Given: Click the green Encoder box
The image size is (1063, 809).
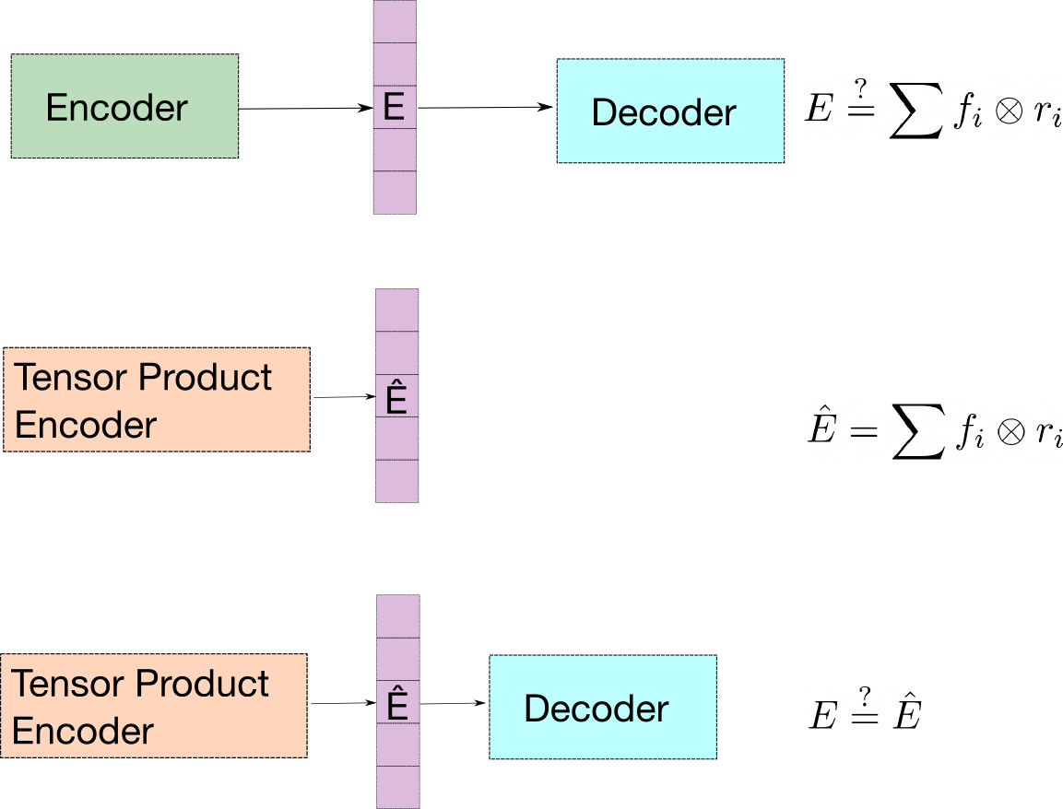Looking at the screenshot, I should [124, 138].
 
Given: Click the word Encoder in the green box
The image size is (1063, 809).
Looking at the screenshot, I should [117, 108].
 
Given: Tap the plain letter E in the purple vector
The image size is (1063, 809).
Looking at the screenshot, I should [394, 107].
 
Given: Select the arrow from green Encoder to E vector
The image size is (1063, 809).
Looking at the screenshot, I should [305, 109].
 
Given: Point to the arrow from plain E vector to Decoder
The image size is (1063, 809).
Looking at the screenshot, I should [485, 108].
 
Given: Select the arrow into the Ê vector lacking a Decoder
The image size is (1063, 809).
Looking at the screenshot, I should [343, 398].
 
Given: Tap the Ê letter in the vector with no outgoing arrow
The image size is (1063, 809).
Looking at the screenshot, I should [396, 399].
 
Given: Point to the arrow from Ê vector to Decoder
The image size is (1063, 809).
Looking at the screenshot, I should [453, 704].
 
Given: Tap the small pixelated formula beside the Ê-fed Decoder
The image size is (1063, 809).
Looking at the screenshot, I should [865, 708].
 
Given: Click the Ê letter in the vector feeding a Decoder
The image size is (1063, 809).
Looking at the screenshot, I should [397, 705].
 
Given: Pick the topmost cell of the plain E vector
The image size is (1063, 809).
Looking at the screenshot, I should [395, 21].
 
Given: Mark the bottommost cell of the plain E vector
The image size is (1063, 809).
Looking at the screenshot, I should [395, 193].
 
